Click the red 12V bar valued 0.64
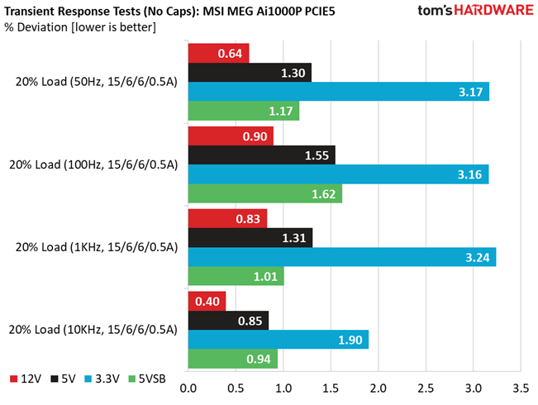tap(218, 53)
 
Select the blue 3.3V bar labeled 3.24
tap(341, 256)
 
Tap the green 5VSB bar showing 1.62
tap(264, 193)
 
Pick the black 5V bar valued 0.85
tap(228, 320)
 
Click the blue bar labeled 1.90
tap(278, 339)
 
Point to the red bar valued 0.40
tap(207, 301)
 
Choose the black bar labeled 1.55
tap(261, 155)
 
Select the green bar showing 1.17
tap(243, 110)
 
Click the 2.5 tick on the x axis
tap(426, 387)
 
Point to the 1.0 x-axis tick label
tap(283, 387)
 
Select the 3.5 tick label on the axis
tap(521, 387)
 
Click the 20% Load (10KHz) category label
tap(93, 329)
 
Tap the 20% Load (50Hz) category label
tap(93, 82)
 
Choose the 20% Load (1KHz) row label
tap(93, 247)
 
